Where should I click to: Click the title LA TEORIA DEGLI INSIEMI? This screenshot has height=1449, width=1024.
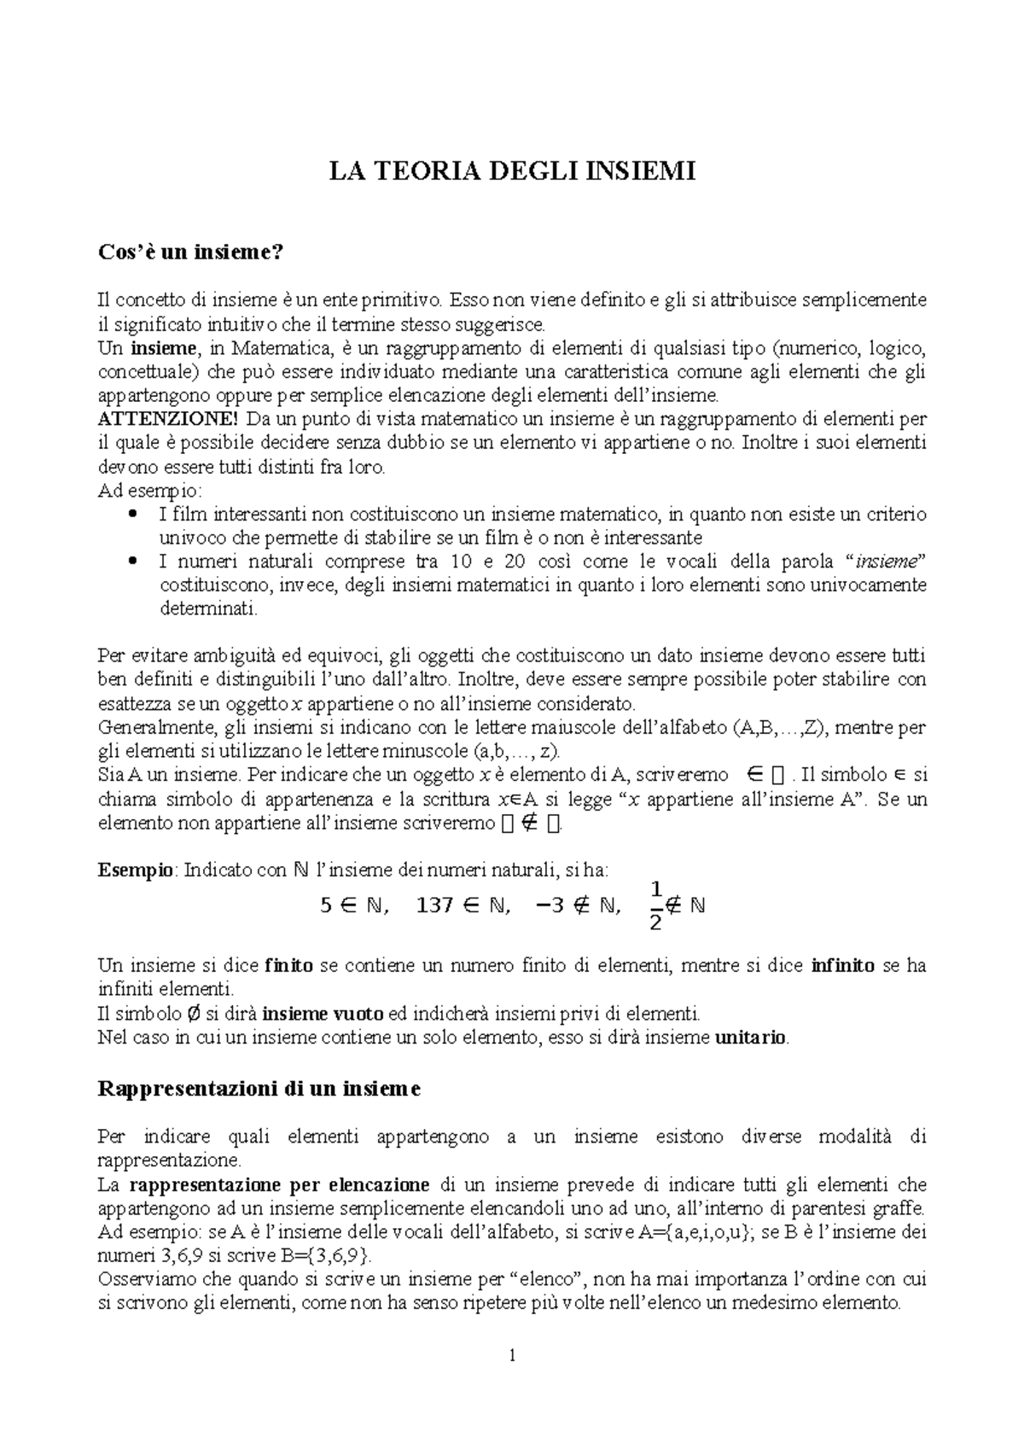[513, 172]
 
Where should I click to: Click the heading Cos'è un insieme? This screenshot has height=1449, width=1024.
[189, 253]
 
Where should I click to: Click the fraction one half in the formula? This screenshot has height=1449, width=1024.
[655, 906]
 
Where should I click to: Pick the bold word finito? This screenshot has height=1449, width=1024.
[289, 966]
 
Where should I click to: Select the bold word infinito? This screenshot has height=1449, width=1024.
[843, 966]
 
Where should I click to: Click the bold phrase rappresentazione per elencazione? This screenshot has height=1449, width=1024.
[280, 1184]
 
